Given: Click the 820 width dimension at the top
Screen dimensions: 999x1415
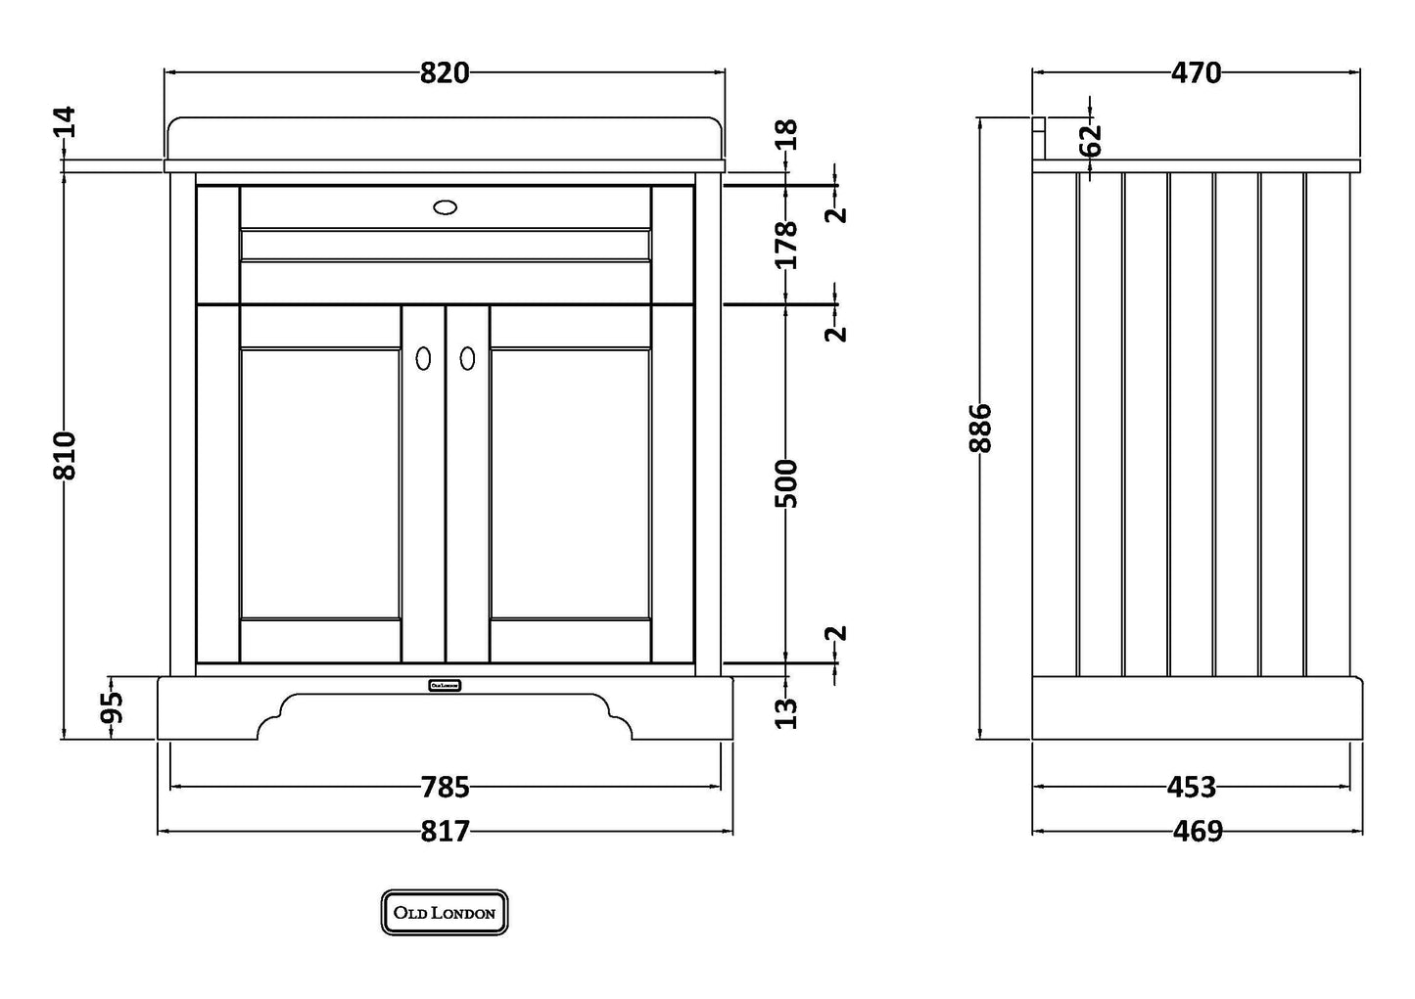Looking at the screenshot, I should (445, 72).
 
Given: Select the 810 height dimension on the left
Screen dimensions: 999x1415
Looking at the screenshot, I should (65, 455).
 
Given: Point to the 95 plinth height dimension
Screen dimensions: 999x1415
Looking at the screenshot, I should (114, 706).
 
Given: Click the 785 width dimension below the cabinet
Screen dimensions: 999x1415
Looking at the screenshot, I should (445, 787).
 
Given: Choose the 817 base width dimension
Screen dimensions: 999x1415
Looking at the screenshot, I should (445, 831).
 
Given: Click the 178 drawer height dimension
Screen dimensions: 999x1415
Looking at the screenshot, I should (787, 245).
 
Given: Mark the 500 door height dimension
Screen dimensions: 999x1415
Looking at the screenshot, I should (787, 482).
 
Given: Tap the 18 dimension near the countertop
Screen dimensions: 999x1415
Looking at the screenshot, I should (787, 134).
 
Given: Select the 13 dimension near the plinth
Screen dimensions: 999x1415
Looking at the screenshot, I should (787, 713).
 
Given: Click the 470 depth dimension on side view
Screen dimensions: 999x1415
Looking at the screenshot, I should (1196, 72).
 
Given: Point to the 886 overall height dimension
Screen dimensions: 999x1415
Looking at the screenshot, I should (981, 428).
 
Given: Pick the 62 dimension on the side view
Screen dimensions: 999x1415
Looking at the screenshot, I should (1091, 140).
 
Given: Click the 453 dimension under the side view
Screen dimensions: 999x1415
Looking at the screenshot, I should (1192, 787).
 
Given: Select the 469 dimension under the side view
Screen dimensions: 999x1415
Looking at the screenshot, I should (1198, 831).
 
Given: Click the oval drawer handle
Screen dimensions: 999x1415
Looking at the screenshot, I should (445, 206).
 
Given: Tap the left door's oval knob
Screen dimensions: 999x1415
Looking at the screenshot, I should (423, 359).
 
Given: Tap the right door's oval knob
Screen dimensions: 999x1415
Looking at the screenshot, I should (467, 359).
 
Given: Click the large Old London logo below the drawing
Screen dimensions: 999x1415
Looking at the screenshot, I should (445, 913).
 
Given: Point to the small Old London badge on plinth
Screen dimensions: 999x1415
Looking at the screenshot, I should (445, 685).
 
